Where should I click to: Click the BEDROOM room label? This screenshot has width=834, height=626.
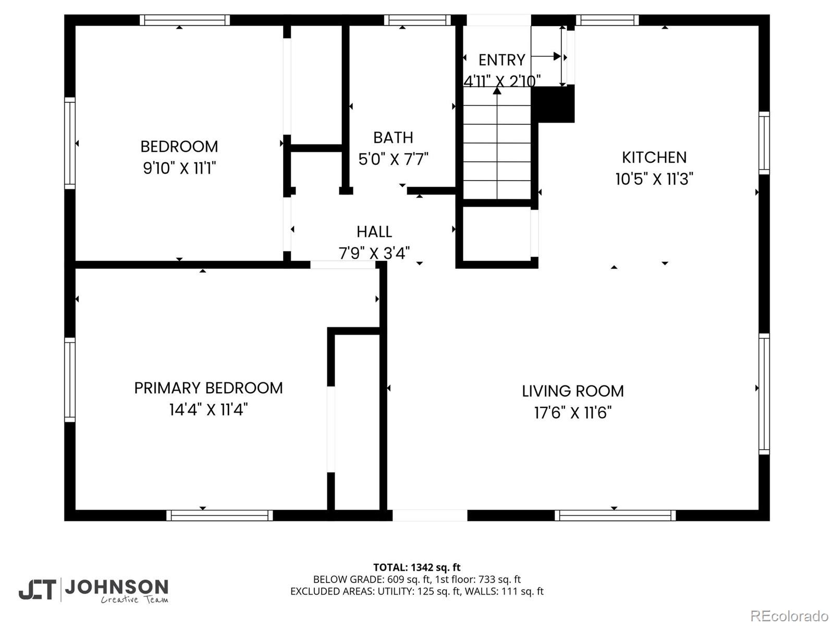[x=179, y=147]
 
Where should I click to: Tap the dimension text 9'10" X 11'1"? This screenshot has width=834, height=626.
[x=179, y=168]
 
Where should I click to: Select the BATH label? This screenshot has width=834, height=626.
[x=393, y=138]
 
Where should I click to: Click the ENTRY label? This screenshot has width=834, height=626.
[x=501, y=60]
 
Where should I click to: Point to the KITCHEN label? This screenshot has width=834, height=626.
[x=654, y=158]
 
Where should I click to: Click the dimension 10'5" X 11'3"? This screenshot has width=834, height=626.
[x=654, y=179]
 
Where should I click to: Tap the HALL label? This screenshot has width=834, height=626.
[x=374, y=232]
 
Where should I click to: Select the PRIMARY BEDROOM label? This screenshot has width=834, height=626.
[x=208, y=388]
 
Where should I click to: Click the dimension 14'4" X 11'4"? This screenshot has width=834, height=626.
[x=208, y=410]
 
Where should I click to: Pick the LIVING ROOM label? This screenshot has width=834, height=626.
[x=573, y=391]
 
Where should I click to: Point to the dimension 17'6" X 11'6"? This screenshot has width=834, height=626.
[x=573, y=413]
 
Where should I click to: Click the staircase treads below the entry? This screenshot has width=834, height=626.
[x=497, y=151]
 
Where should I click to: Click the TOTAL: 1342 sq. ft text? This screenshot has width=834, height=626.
[x=417, y=567]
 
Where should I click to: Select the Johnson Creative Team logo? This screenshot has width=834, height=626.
[x=94, y=591]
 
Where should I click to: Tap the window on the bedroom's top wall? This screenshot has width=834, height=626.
[x=185, y=20]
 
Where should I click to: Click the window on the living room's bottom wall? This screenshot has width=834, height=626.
[x=615, y=515]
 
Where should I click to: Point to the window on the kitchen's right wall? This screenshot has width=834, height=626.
[x=764, y=142]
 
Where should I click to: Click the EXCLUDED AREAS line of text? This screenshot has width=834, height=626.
[x=417, y=591]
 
